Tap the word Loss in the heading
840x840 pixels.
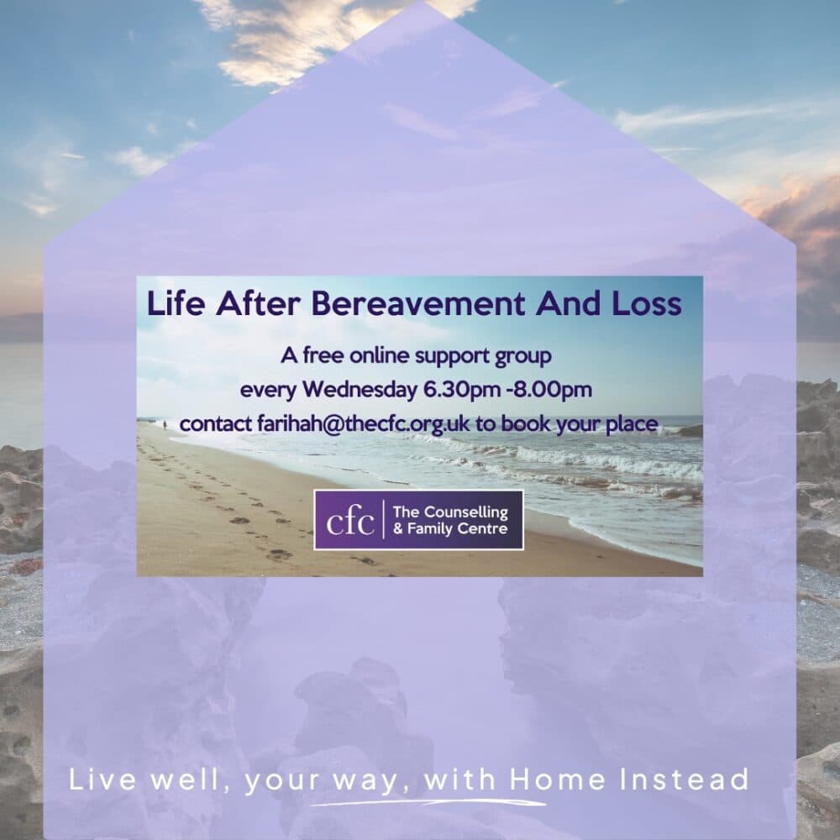647,304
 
